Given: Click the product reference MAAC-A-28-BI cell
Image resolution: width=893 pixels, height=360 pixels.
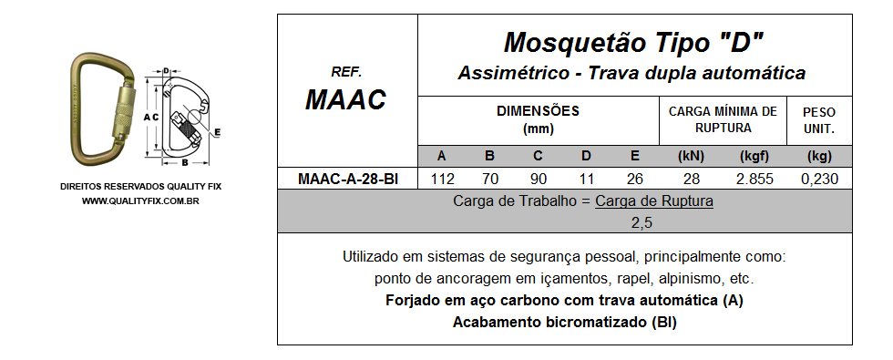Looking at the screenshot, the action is coord(348,180).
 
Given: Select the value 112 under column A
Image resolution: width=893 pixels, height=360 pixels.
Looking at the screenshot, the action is coord(441,180).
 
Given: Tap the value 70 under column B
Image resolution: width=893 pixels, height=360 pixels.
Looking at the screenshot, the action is coord(489,180).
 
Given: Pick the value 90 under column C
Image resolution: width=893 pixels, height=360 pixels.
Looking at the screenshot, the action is coord(538,180).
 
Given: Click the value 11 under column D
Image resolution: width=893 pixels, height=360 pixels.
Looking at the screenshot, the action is coord(586,180).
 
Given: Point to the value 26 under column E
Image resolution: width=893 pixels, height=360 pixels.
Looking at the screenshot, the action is coord(634,180).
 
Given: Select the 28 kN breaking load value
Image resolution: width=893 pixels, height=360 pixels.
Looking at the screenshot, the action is coord(693,180).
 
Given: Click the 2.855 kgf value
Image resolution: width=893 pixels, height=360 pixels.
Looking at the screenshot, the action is coord(754,180).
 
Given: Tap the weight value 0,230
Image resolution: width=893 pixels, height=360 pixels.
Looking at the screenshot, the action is coord(819,180).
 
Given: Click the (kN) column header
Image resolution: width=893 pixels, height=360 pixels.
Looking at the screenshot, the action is coord(693,155).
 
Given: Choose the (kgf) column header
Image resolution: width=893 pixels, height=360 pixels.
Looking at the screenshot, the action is coord(754,155).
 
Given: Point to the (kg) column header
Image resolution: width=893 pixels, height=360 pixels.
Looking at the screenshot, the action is coord(819,155).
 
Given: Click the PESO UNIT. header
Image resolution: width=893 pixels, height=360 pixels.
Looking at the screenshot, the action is coord(819,119).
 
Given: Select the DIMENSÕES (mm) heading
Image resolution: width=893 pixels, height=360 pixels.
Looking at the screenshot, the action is coord(538,119).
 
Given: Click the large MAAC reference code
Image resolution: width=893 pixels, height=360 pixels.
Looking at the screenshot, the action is coord(346,98).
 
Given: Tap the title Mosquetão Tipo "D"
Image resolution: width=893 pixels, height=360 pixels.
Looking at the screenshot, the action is coord(633,42).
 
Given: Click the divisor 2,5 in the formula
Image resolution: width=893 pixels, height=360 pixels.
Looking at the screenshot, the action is coord(642,222).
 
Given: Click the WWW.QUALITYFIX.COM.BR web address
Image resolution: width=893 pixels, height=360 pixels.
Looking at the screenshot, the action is coord(140,201).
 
